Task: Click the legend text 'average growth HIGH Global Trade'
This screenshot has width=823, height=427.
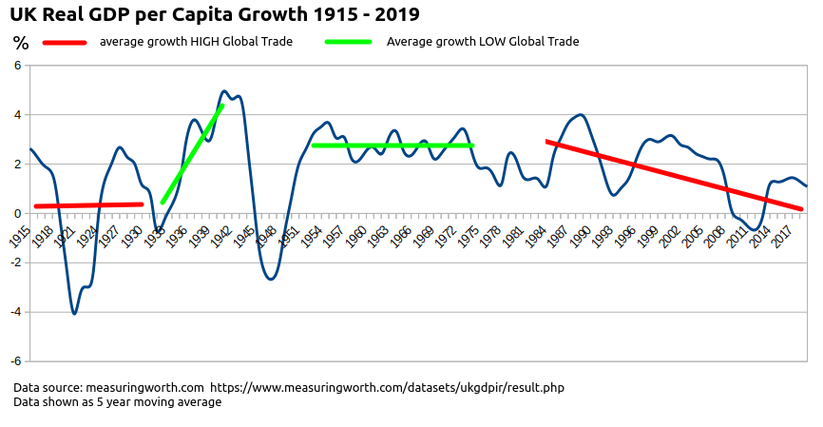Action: [196, 42]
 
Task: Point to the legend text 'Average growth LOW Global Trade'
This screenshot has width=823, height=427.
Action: [483, 42]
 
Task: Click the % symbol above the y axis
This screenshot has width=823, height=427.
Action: [20, 44]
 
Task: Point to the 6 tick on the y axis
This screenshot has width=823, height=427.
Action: [17, 66]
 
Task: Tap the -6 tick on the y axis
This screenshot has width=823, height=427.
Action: [15, 361]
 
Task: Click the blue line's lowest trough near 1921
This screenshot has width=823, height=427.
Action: [74, 313]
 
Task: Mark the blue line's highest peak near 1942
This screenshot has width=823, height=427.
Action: [224, 92]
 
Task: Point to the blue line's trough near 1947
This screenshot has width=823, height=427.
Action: [271, 279]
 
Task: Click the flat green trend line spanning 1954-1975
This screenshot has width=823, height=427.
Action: [392, 146]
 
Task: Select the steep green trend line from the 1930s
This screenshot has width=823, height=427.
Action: [193, 154]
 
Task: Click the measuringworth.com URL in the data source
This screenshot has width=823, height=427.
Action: [387, 388]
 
